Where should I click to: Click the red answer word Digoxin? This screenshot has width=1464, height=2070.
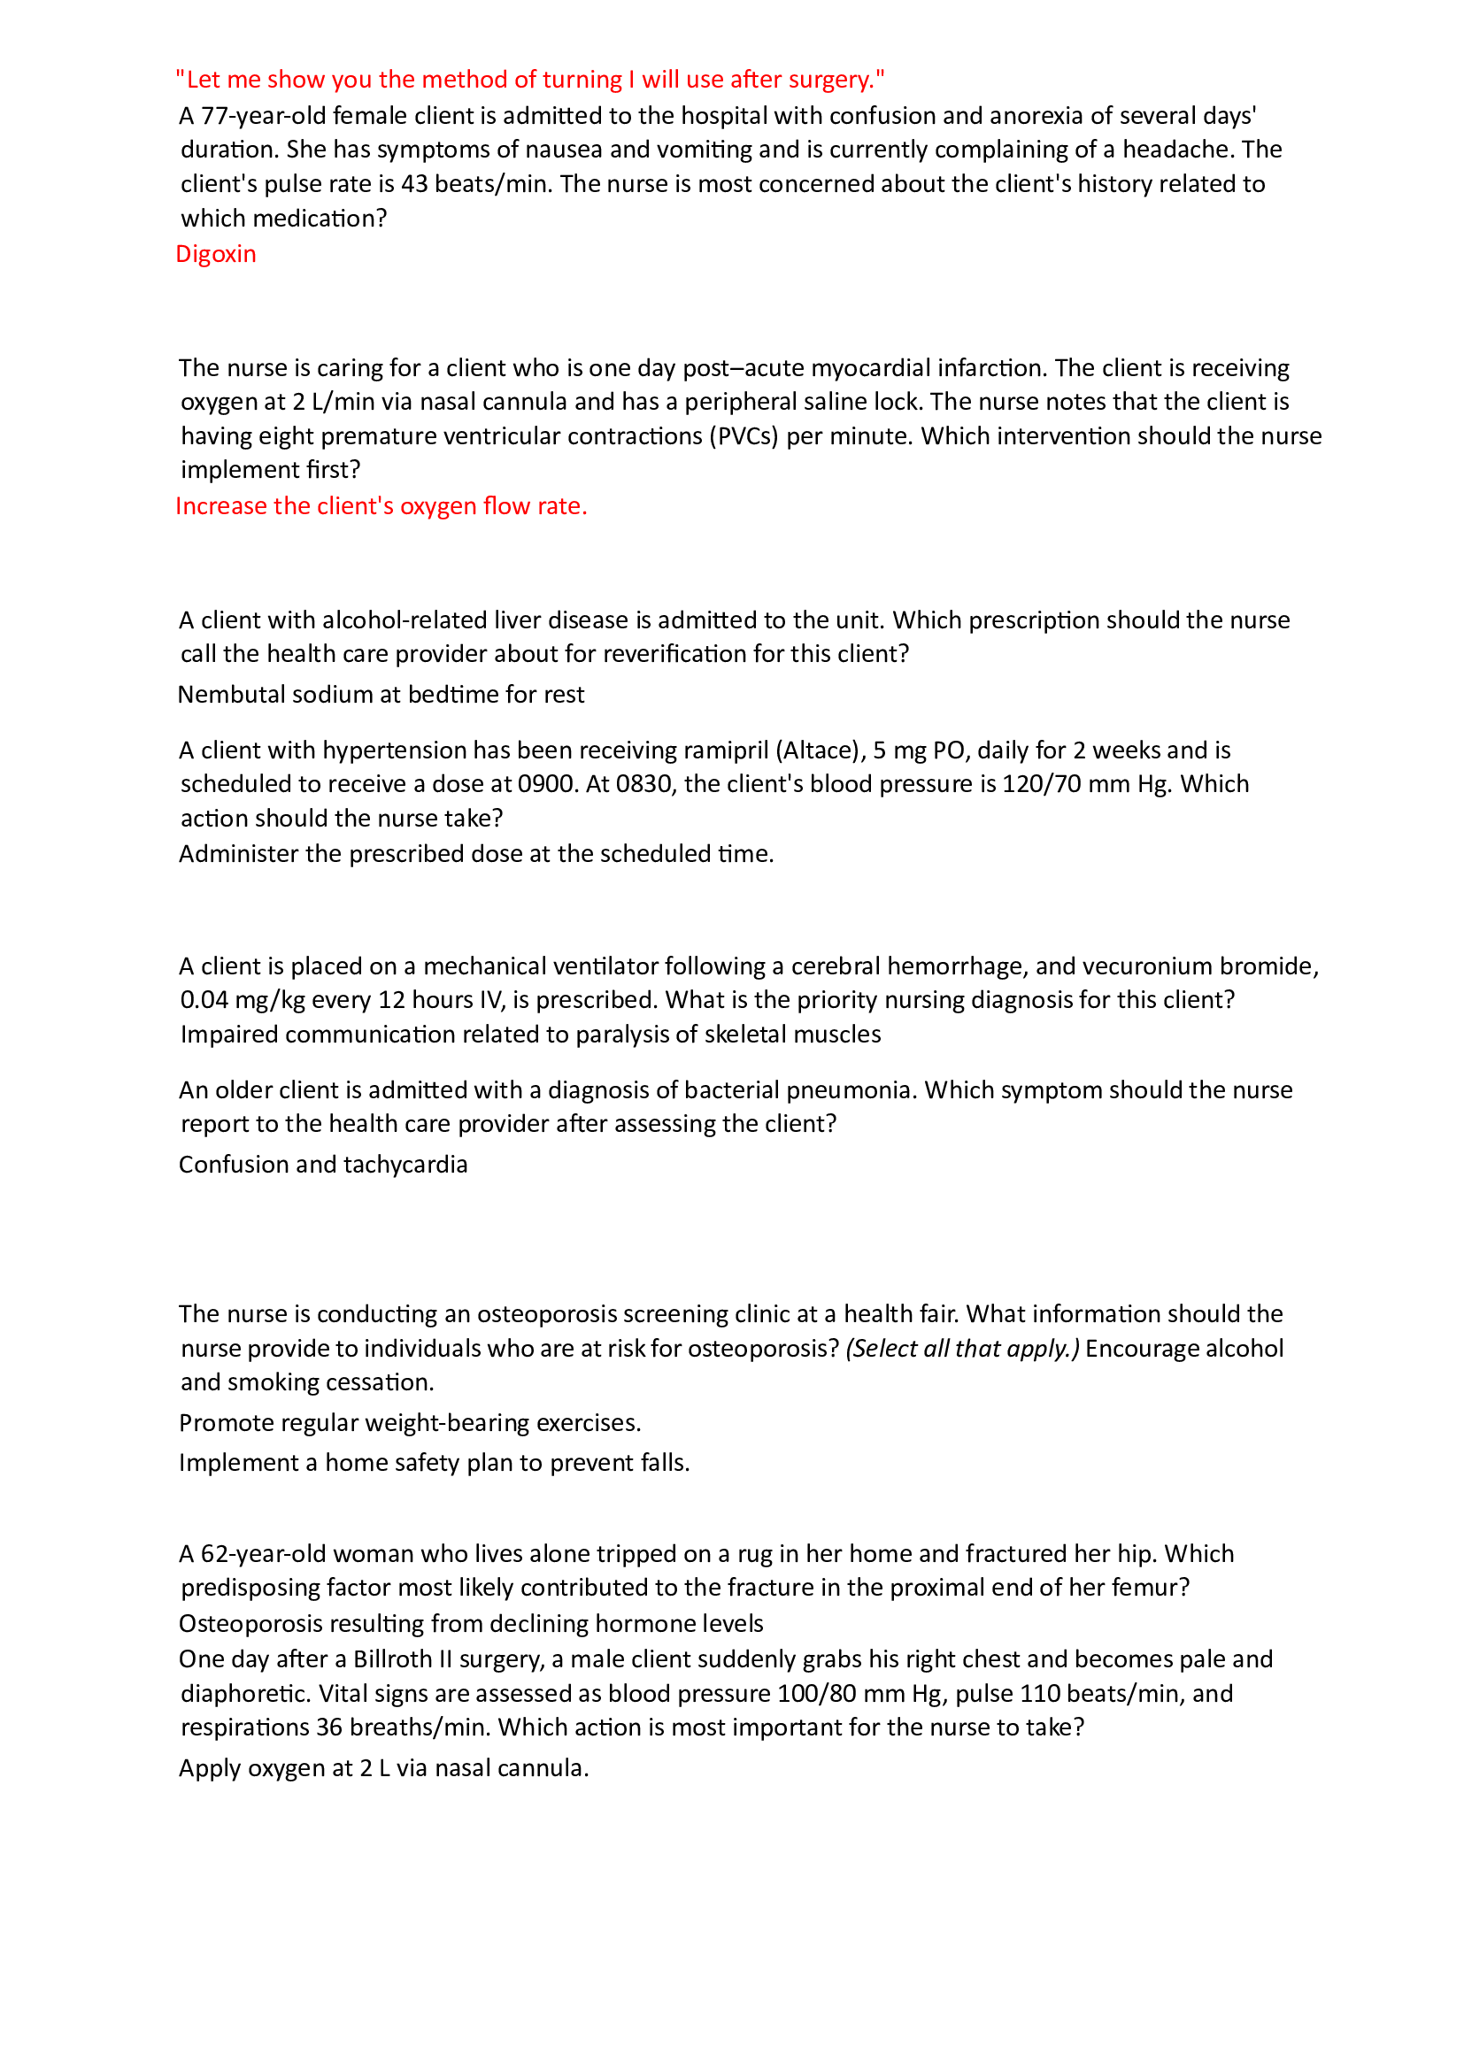pyautogui.click(x=215, y=254)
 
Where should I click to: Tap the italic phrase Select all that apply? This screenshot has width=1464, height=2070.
pyautogui.click(x=962, y=1349)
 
